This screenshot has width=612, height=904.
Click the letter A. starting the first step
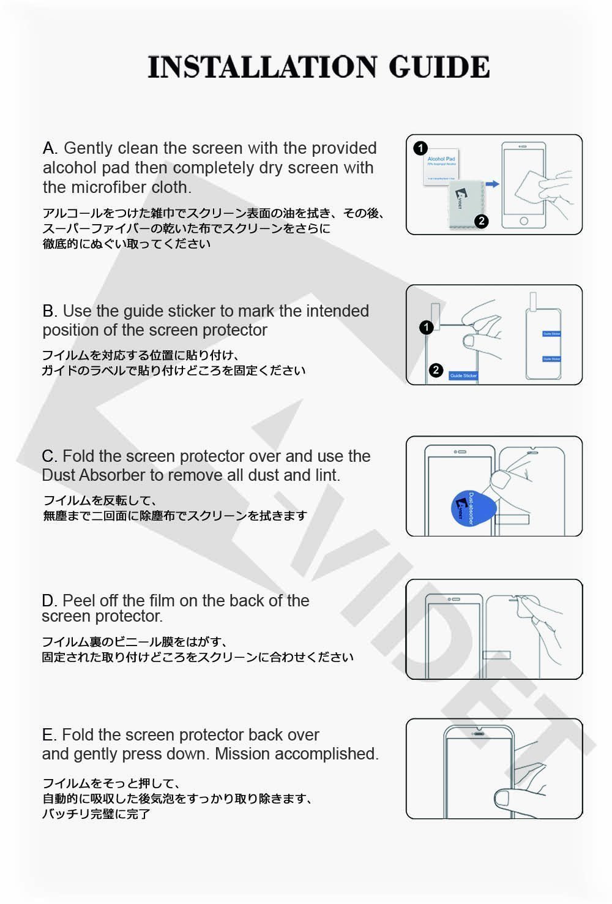[50, 148]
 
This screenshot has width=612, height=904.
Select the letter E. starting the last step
[49, 735]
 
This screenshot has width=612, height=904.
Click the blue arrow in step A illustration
[492, 184]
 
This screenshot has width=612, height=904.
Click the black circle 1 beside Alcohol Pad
[420, 148]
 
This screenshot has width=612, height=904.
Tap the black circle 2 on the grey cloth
[481, 221]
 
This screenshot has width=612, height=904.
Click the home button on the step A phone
[523, 220]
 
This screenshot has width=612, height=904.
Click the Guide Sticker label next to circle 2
[463, 375]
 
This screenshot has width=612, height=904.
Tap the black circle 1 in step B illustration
[427, 327]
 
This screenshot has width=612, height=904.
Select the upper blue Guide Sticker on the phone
[551, 334]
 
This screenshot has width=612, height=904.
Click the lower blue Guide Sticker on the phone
[551, 359]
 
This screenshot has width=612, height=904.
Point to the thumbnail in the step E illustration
[502, 798]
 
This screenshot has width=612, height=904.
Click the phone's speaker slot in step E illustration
[479, 731]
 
